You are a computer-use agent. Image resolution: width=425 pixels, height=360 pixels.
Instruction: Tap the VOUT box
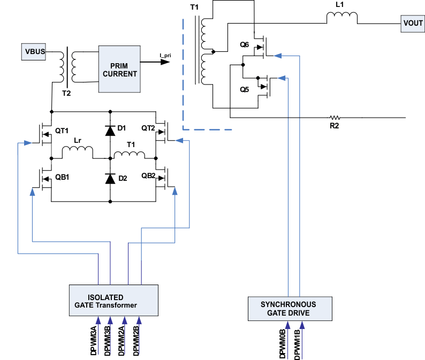click(412, 24)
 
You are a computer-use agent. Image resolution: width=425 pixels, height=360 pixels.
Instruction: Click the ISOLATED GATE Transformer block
click(114, 301)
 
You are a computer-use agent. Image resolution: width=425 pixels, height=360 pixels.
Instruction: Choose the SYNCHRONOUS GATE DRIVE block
click(288, 308)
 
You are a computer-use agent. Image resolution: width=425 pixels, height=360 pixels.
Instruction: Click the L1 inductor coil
click(342, 19)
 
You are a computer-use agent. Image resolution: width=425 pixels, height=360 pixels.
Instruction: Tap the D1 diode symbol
click(110, 129)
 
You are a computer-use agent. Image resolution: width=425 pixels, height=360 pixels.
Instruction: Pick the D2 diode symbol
click(110, 179)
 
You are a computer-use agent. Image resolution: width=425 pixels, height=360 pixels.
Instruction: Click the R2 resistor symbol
click(335, 118)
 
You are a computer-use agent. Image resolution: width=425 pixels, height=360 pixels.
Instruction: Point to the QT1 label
click(63, 131)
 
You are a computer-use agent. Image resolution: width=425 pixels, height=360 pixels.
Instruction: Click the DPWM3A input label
click(94, 340)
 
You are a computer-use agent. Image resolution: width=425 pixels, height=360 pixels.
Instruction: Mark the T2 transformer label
click(66, 93)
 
